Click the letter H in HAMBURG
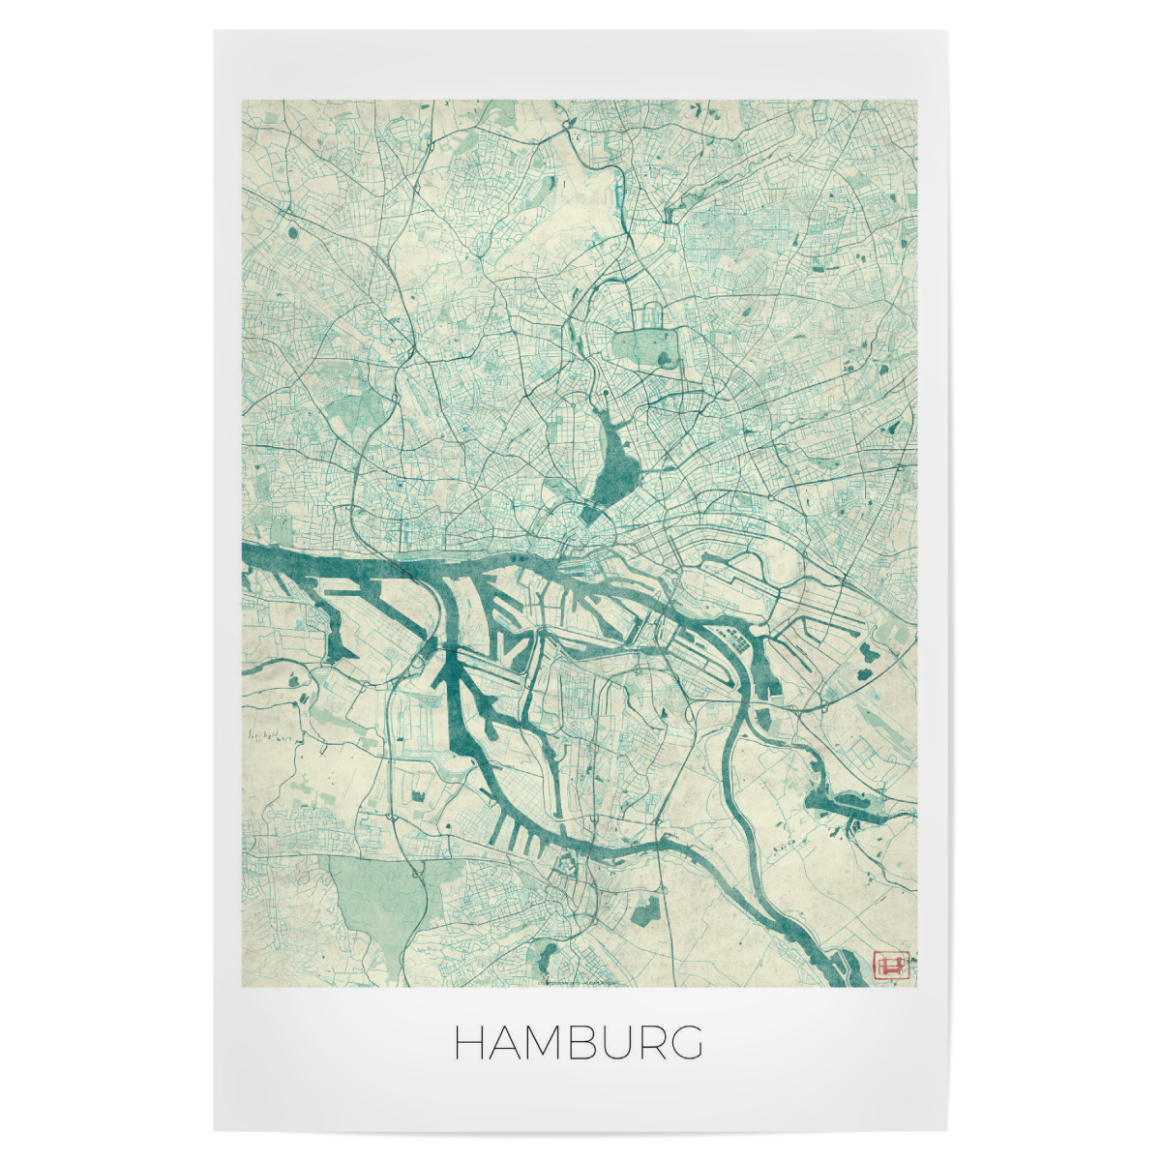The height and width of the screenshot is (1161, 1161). (x=471, y=1043)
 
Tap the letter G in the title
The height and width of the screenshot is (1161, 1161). (x=686, y=1043)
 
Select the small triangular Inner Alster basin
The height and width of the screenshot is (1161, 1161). (x=593, y=514)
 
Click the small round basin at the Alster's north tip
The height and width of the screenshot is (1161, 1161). (x=606, y=395)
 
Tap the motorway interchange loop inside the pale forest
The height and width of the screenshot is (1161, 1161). (x=418, y=876)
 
